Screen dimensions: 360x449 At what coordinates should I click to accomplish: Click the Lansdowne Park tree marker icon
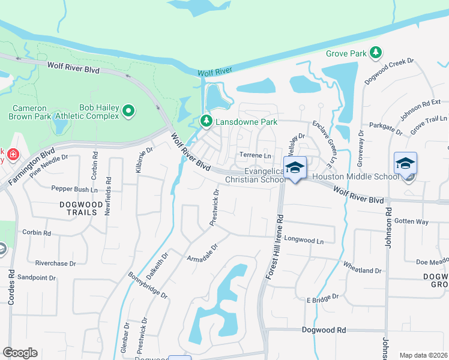click(206, 122)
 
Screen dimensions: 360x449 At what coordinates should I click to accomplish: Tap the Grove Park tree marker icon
click(376, 53)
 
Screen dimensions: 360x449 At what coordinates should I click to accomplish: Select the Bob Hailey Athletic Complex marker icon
click(128, 111)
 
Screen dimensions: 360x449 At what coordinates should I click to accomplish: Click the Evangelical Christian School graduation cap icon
click(295, 167)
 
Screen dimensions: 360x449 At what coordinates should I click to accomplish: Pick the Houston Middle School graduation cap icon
click(405, 163)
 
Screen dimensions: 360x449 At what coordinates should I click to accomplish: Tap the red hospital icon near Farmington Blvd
click(13, 155)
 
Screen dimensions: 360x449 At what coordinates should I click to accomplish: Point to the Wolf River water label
click(215, 71)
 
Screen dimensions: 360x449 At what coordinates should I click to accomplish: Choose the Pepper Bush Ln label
click(74, 189)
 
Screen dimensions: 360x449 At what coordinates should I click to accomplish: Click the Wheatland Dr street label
click(362, 267)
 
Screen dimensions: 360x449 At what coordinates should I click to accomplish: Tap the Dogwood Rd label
click(324, 330)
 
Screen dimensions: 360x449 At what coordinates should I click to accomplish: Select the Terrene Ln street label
click(256, 155)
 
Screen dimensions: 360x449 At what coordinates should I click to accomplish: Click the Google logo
click(20, 353)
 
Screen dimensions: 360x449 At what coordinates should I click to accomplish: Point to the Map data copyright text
click(423, 355)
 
